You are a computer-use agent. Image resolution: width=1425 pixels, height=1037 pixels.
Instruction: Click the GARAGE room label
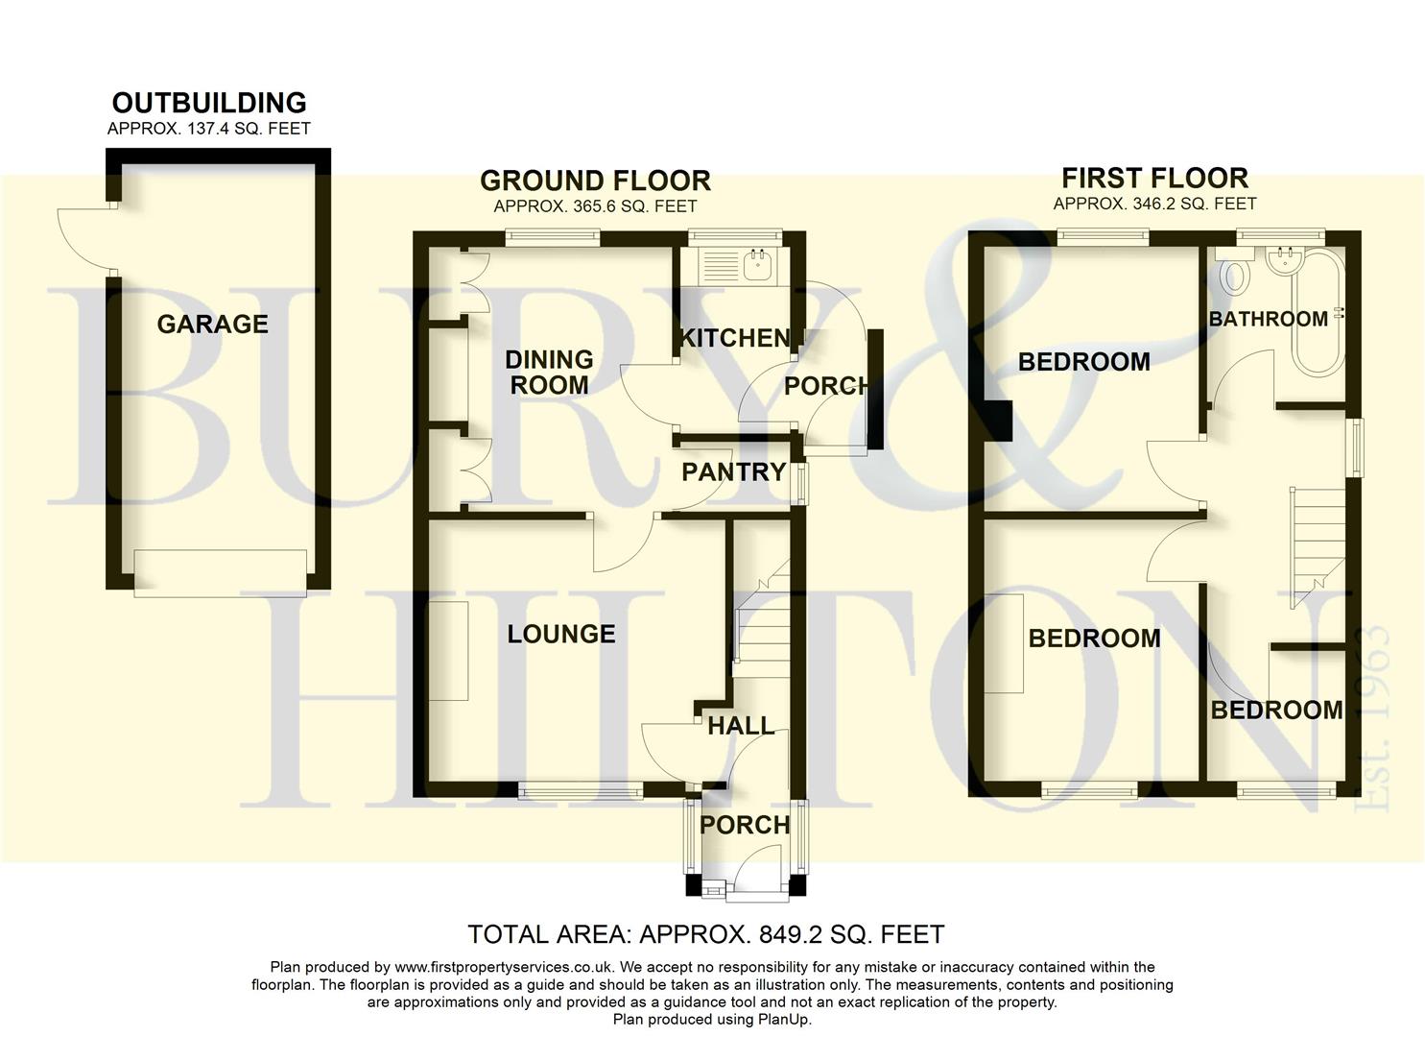(x=212, y=325)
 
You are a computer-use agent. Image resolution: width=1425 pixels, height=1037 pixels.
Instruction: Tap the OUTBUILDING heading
(x=209, y=103)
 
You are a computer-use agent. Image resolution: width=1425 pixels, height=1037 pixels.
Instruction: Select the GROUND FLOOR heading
(x=595, y=181)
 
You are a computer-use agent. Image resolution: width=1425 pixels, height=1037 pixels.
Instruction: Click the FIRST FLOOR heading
(x=1154, y=178)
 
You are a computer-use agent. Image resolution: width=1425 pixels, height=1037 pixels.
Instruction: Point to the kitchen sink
(x=758, y=264)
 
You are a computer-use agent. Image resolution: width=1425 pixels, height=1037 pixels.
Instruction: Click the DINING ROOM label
(x=549, y=373)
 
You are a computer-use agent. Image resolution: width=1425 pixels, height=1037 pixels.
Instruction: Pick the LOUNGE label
(x=561, y=634)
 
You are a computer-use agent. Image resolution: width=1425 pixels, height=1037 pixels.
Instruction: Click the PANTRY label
(x=733, y=471)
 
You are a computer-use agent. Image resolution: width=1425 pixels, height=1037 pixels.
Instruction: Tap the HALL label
(x=741, y=726)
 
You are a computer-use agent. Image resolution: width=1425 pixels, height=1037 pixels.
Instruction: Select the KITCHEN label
(x=735, y=338)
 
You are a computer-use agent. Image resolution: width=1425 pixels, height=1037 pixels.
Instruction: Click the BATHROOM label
(x=1268, y=319)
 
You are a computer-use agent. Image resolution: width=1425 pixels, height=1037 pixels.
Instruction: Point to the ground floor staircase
(x=760, y=615)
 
